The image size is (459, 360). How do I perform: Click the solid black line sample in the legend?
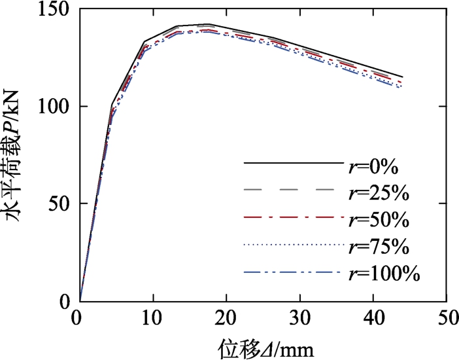294,162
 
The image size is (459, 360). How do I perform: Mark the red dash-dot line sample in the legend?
294,217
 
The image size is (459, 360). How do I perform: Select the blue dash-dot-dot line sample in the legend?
294,271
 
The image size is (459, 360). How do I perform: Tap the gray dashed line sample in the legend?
294,189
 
